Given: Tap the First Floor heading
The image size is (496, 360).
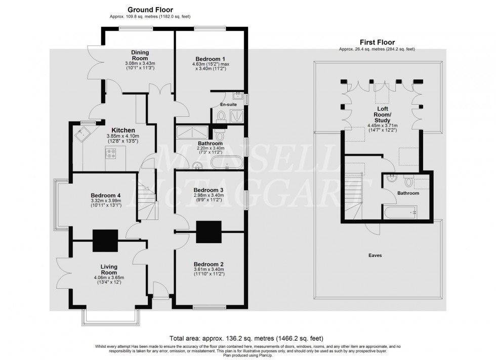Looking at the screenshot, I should (377, 42).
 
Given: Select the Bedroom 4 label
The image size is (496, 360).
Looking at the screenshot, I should (105, 196).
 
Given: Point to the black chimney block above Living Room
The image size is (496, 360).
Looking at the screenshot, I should (105, 240).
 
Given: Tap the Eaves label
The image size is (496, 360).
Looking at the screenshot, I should (375, 256).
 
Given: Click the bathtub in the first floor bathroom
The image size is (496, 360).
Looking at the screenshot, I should (400, 212).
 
